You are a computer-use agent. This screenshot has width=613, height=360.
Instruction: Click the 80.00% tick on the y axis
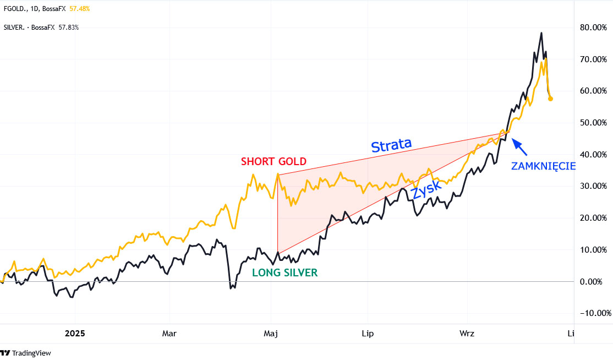596,27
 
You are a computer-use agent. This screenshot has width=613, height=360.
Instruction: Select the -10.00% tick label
596,313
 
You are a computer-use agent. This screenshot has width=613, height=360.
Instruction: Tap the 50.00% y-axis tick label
596,122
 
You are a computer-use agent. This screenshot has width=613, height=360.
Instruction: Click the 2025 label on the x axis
75,334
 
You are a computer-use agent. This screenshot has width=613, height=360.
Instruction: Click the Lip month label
367,334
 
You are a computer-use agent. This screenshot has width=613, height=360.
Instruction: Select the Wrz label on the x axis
467,334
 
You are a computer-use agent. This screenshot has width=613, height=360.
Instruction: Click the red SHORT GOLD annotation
273,161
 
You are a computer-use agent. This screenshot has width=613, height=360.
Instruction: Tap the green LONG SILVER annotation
284,272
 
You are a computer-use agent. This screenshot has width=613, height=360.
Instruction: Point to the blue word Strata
391,145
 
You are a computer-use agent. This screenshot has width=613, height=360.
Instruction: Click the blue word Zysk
426,190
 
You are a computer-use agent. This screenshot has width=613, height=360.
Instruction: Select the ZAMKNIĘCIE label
543,166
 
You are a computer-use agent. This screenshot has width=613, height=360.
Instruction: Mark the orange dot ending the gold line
551,99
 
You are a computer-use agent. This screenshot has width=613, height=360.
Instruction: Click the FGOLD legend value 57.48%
79,9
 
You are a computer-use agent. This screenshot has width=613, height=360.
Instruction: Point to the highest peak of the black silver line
541,33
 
